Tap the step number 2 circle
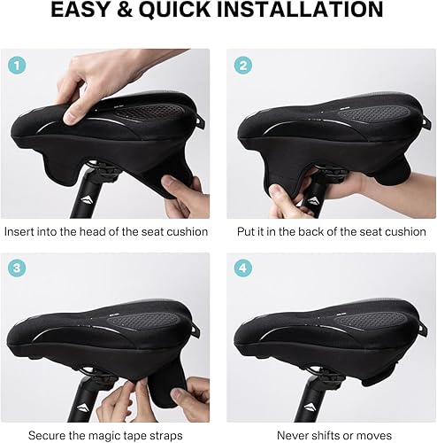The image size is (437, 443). point(242,64)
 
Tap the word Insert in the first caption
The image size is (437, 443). point(22,232)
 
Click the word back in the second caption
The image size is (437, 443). point(310,232)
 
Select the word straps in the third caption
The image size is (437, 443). point(165,436)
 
